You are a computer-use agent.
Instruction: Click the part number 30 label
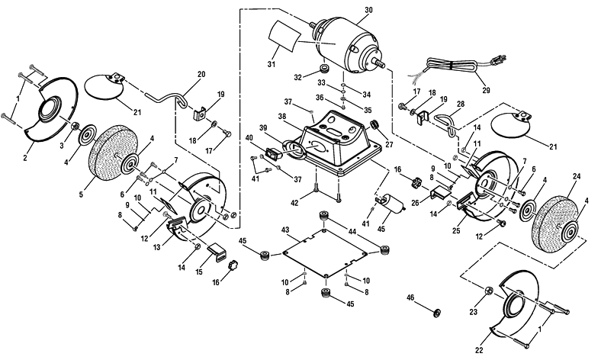tap(368, 11)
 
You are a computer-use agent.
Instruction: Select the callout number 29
tap(486, 91)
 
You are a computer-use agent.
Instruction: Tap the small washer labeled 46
tap(437, 312)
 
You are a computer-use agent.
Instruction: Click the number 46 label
tap(410, 298)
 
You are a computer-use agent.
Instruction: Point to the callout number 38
tap(282, 116)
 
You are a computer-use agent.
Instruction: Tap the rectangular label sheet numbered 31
tap(284, 37)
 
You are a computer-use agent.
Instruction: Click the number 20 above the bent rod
tap(201, 75)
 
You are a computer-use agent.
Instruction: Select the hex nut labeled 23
tap(489, 291)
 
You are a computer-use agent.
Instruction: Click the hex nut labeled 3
tap(76, 126)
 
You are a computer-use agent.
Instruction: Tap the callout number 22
tap(479, 350)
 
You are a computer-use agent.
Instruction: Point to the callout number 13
tap(157, 248)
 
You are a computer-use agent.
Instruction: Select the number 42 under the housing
tap(294, 204)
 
